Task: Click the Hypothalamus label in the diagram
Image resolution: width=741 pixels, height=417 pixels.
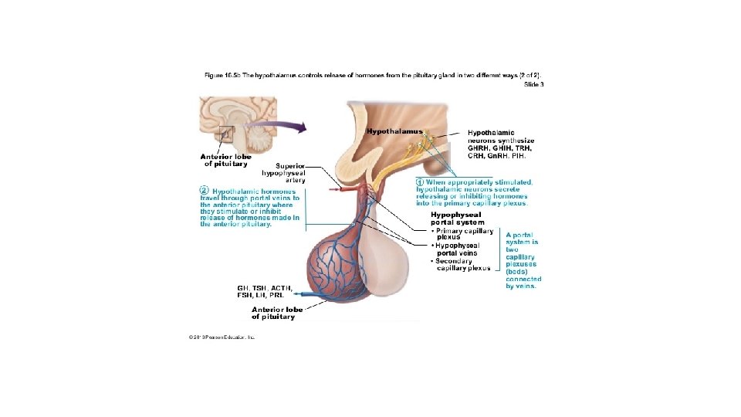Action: point(394,131)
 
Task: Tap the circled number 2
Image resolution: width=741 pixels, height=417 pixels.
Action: point(204,190)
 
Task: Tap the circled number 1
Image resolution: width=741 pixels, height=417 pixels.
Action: point(420,182)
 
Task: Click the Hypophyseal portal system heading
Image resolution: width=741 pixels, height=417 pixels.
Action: point(456,219)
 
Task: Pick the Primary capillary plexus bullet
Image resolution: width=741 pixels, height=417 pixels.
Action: point(462,233)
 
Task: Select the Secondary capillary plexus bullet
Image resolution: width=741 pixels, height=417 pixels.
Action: point(462,264)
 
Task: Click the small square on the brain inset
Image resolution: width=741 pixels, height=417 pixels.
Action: point(226,134)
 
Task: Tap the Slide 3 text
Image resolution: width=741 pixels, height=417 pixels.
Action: point(533,84)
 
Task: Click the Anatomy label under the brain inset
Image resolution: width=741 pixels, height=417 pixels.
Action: point(225,161)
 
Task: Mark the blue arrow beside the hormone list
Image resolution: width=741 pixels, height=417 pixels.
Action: point(310,294)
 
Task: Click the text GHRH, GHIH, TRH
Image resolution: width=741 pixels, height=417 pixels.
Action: point(500,147)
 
